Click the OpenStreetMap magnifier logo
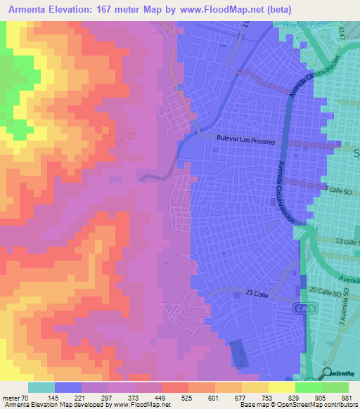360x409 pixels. coord(328,372)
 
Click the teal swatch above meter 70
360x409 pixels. coord(41,387)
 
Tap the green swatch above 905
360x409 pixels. coord(309,387)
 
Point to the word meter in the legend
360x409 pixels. coord(11,397)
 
